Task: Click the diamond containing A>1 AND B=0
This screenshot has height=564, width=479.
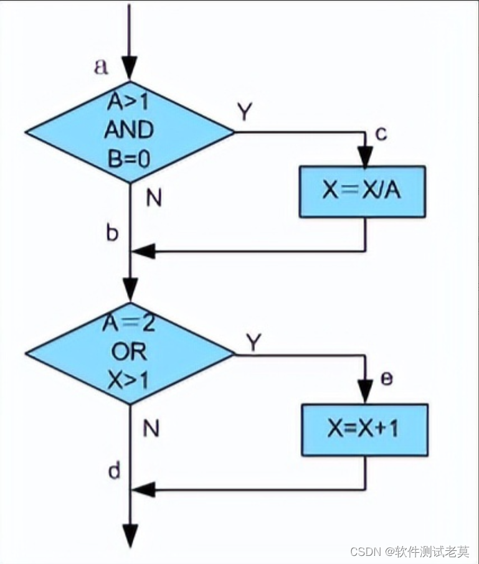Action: click(x=130, y=132)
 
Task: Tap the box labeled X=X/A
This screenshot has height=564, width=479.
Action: click(x=363, y=191)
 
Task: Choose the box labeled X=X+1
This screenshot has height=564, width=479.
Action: click(x=365, y=430)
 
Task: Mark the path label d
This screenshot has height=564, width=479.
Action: click(x=114, y=471)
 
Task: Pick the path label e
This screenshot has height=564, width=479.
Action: click(x=386, y=378)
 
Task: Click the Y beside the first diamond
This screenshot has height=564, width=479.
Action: click(x=245, y=112)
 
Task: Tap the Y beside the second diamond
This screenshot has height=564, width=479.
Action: click(x=253, y=341)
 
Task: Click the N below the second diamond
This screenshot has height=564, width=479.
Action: click(x=151, y=428)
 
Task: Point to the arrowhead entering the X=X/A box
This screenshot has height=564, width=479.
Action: click(x=364, y=157)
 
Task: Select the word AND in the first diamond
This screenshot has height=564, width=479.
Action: click(x=128, y=131)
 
